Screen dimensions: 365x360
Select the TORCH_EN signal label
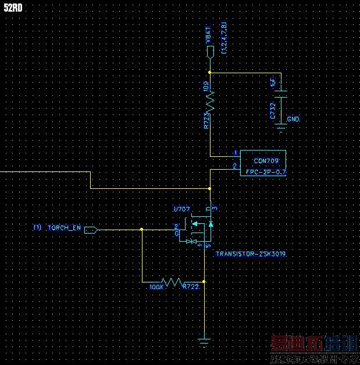[64, 228]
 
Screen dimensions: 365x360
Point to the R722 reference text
[191, 287]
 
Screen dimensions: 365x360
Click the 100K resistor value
[156, 287]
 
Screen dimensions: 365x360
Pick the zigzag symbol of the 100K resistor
[173, 282]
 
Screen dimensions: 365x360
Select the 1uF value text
[273, 84]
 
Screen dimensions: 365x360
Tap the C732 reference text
[273, 110]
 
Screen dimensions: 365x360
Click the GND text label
[294, 119]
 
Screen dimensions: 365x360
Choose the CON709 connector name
[266, 160]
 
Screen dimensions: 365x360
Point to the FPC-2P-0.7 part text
[266, 172]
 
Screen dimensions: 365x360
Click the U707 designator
[182, 208]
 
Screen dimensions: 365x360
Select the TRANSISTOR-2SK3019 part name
[251, 254]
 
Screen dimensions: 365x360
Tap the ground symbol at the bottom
[204, 341]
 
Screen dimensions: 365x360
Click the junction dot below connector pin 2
[209, 188]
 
